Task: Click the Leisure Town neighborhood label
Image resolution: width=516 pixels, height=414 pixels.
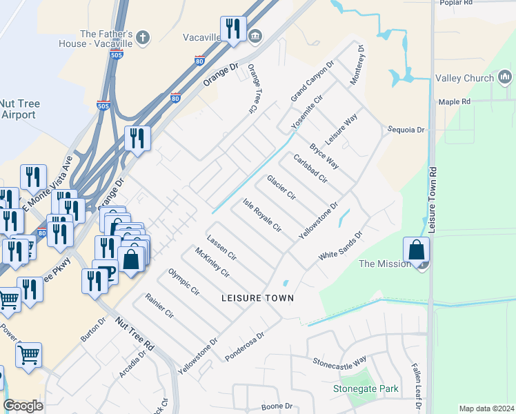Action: coord(257,298)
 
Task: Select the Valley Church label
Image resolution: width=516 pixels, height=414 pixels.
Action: coord(464,78)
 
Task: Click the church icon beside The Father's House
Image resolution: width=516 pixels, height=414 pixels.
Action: coord(143,38)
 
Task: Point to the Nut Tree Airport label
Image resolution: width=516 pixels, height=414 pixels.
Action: coord(19,109)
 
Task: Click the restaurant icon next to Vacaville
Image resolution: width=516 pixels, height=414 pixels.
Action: coord(233,29)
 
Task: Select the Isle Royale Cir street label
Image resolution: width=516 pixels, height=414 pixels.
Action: coord(262,215)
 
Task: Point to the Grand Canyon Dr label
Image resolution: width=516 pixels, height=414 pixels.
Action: coord(312,81)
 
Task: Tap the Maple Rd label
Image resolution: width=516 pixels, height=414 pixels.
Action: coord(454,101)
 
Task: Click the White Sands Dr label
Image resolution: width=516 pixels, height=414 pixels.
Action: coord(340,246)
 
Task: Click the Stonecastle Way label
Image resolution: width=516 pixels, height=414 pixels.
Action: coord(339,362)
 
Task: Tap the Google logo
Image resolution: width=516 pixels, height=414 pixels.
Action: coord(23,406)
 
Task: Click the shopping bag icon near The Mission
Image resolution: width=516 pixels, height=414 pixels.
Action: coord(417,249)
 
